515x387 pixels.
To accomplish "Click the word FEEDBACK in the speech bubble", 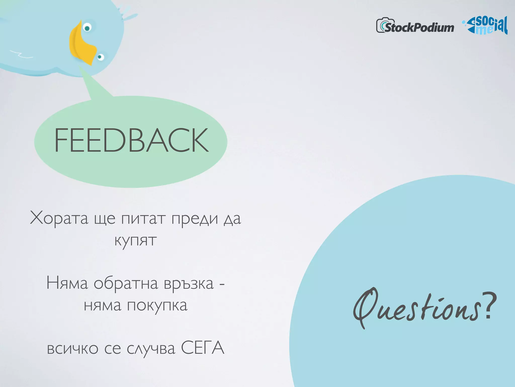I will [132, 140].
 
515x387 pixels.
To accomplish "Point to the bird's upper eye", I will [87, 27].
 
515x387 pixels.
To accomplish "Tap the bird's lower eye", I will [100, 57].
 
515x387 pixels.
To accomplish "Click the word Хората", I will [59, 218].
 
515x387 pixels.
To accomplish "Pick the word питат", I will [143, 218].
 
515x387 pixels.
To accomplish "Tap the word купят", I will [136, 241].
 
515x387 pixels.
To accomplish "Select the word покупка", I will [157, 306].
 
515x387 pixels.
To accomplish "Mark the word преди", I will [195, 218].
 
